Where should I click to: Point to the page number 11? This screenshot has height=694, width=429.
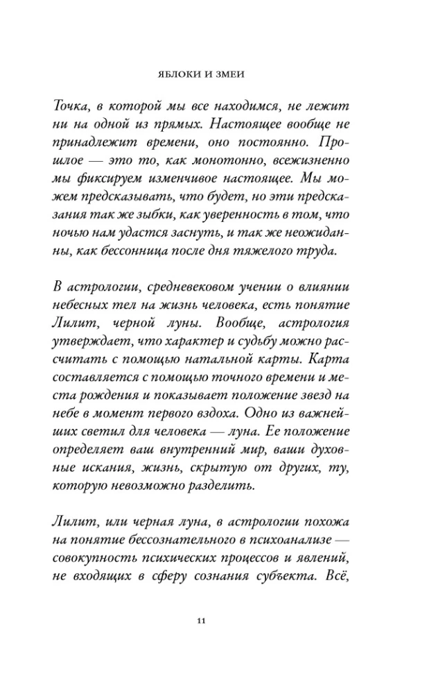click(202, 620)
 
